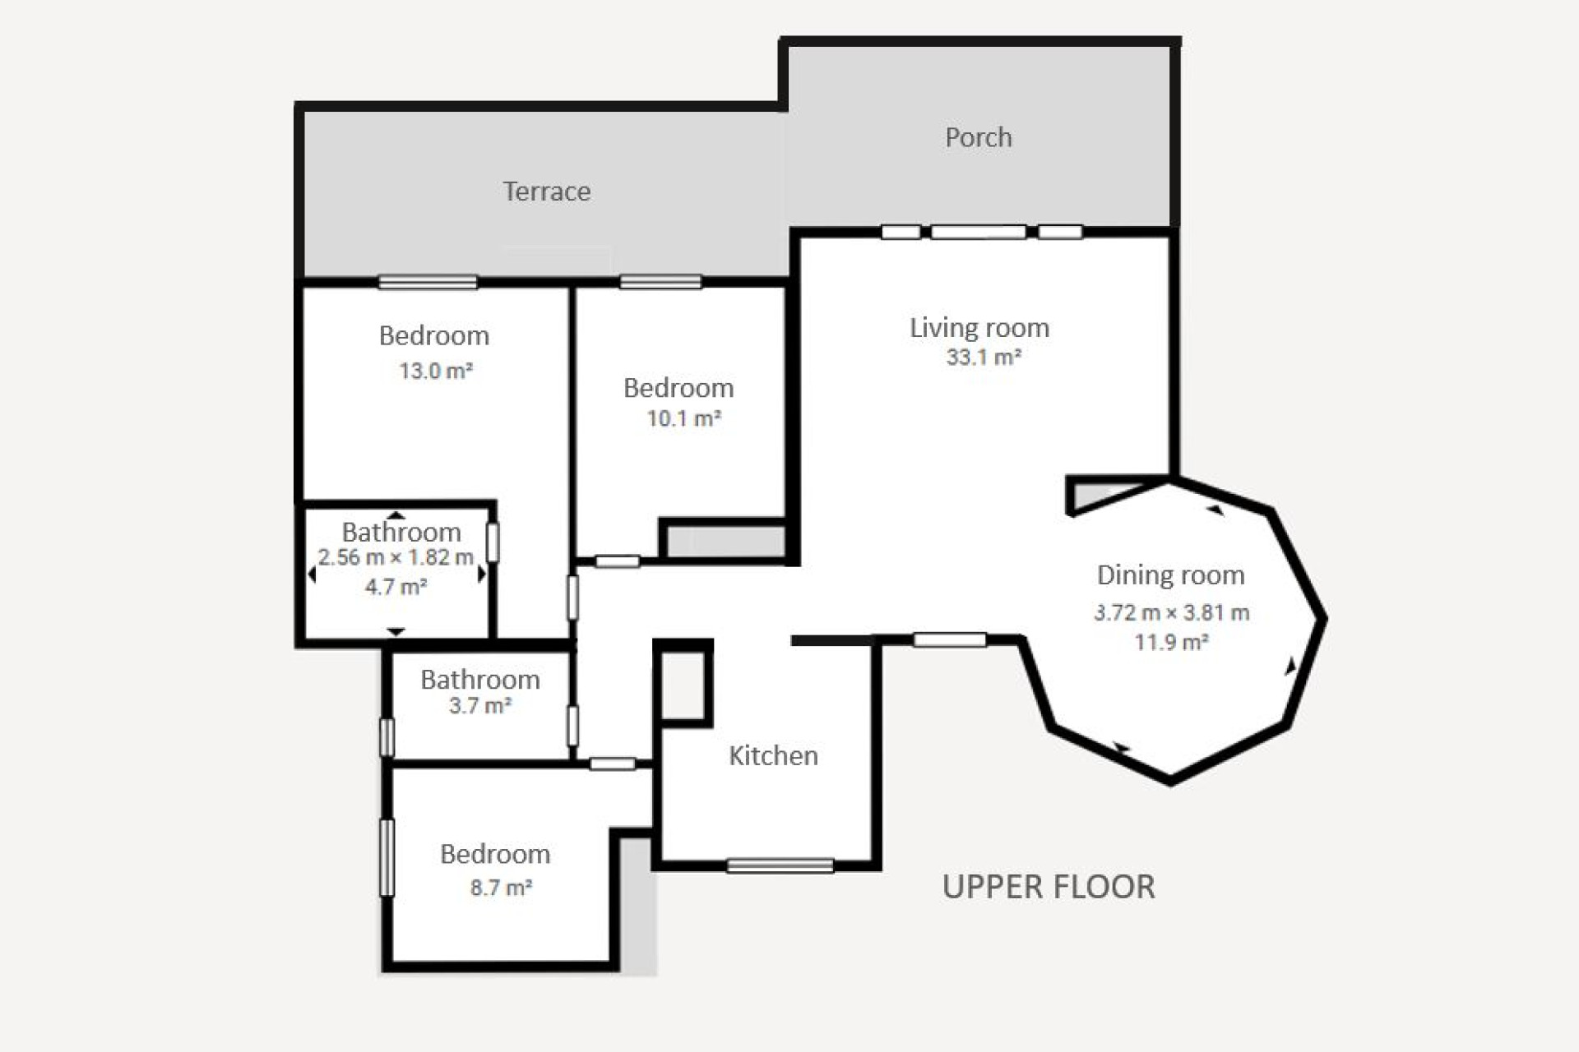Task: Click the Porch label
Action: click(x=978, y=137)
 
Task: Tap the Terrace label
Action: click(x=547, y=191)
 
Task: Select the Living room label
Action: click(x=979, y=328)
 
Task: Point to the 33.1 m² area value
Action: click(x=983, y=358)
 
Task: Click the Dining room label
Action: click(x=1170, y=575)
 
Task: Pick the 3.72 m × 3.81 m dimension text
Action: click(x=1171, y=612)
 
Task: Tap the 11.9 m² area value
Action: click(x=1171, y=642)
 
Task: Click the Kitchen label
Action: click(x=773, y=756)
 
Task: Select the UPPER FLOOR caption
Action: click(x=1049, y=887)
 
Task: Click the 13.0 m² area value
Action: click(x=435, y=371)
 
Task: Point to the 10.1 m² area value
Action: click(x=683, y=418)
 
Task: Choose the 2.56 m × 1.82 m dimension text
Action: click(x=396, y=557)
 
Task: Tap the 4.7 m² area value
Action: click(x=396, y=587)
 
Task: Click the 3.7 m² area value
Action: click(x=480, y=706)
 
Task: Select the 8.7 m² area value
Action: click(x=501, y=888)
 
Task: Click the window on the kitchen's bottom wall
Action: click(x=780, y=865)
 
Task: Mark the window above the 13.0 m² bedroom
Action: click(x=428, y=282)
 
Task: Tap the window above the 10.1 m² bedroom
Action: click(x=660, y=282)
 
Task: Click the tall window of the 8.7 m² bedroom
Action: click(x=387, y=857)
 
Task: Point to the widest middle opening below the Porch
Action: click(x=978, y=232)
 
